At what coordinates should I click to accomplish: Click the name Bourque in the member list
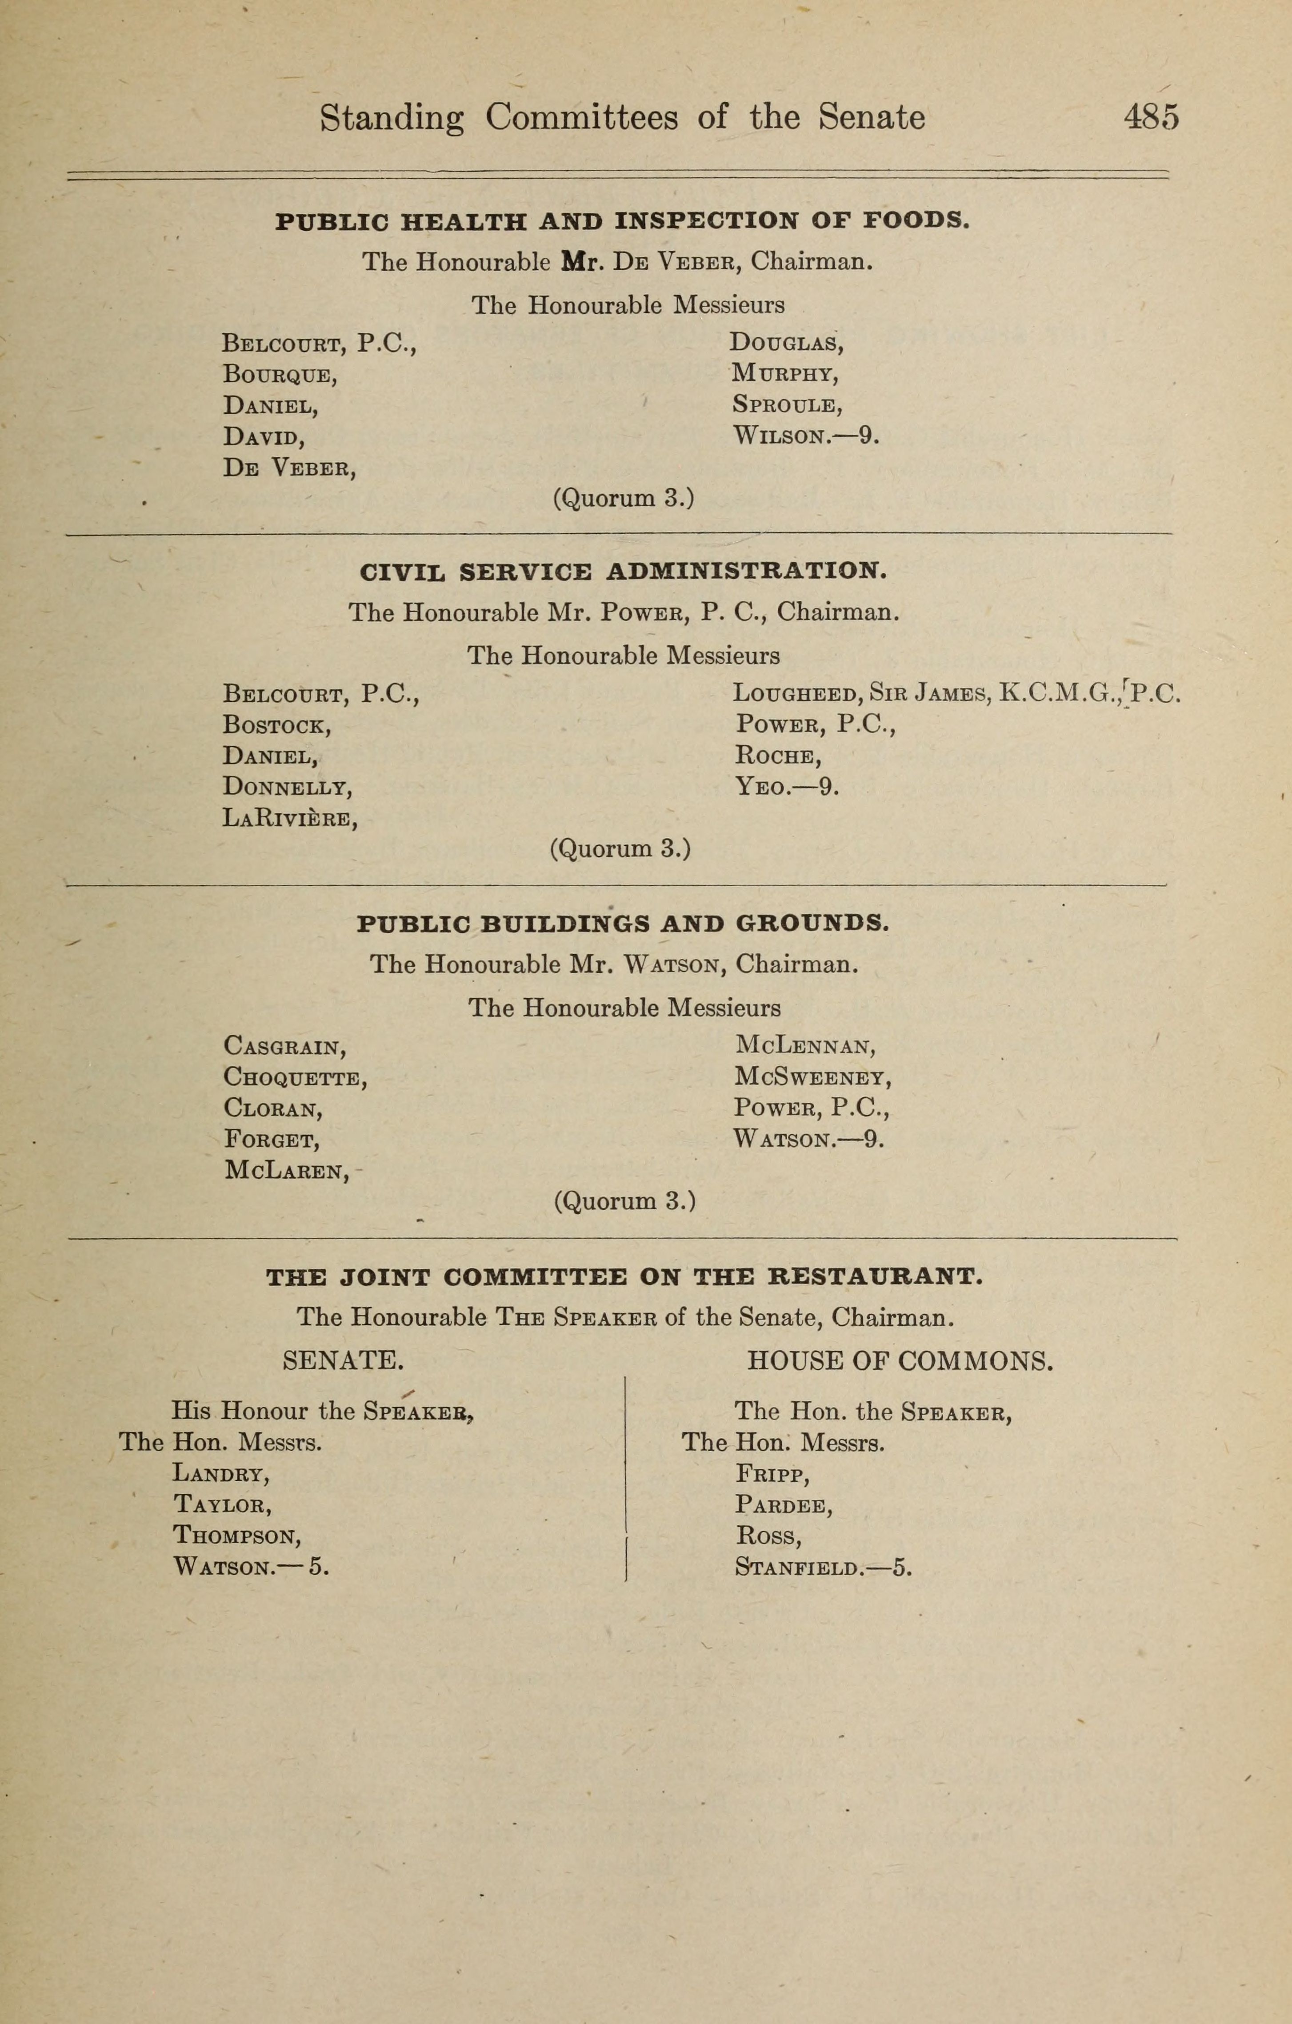pyautogui.click(x=279, y=374)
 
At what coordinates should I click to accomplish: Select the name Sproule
pyautogui.click(x=785, y=405)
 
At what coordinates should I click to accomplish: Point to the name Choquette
pyautogui.click(x=294, y=1078)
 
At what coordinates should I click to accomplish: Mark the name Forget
pyautogui.click(x=272, y=1140)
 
